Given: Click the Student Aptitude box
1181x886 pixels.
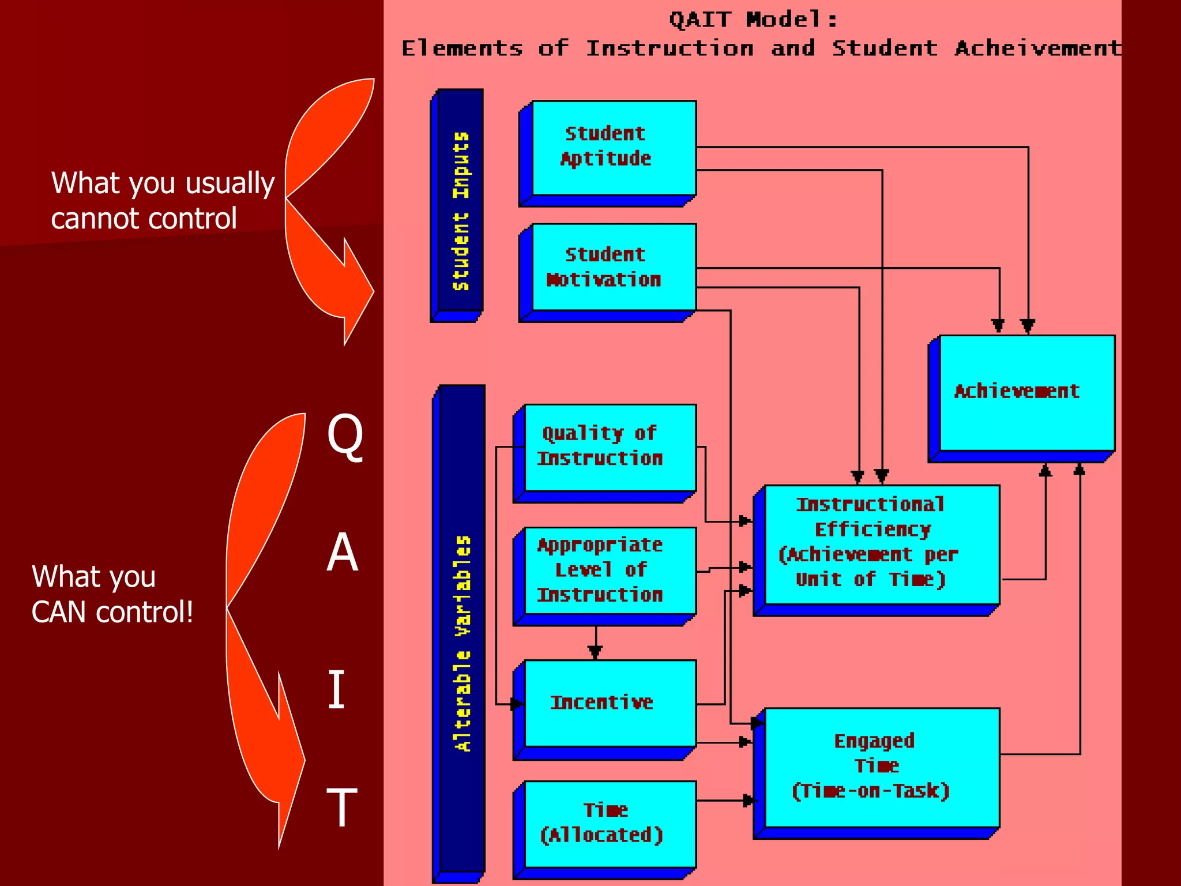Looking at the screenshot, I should pos(613,148).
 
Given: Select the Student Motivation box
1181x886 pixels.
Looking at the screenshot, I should pos(613,268).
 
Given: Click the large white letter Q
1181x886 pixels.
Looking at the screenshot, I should pos(345,437).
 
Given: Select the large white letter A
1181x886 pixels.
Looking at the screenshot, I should pos(343,553).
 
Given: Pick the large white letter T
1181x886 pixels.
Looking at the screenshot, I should pos(342,808).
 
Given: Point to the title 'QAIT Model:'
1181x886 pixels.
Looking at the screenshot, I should pos(753,20).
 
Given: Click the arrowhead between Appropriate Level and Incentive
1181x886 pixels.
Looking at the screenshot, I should pos(595,652).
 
